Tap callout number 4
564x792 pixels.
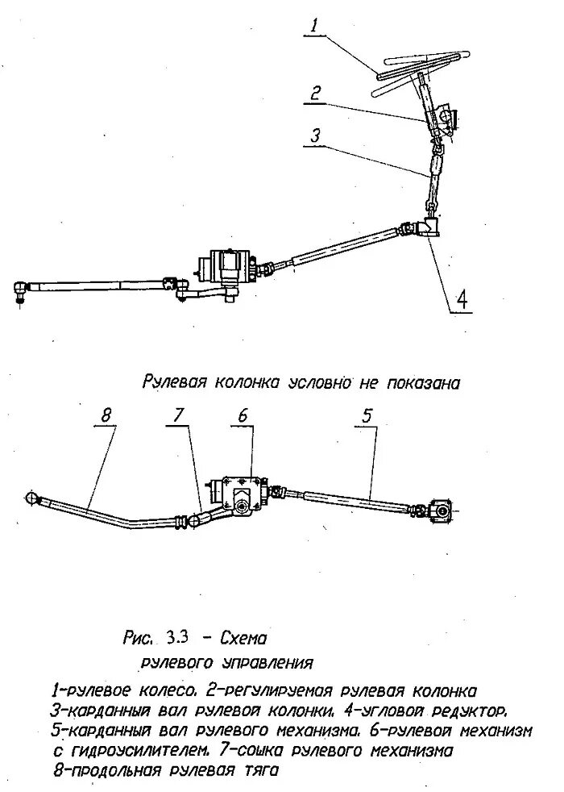460,300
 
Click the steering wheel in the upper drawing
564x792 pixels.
419,68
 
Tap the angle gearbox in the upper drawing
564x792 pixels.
432,229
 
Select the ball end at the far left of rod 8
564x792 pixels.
33,498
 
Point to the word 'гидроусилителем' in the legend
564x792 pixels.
136,751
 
